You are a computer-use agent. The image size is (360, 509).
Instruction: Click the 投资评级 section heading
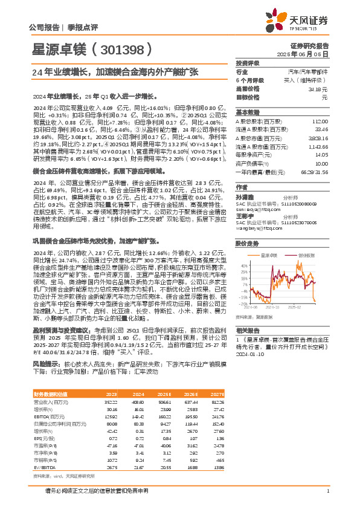[x=247, y=63]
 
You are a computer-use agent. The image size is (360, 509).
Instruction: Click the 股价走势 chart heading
[x=247, y=244]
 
